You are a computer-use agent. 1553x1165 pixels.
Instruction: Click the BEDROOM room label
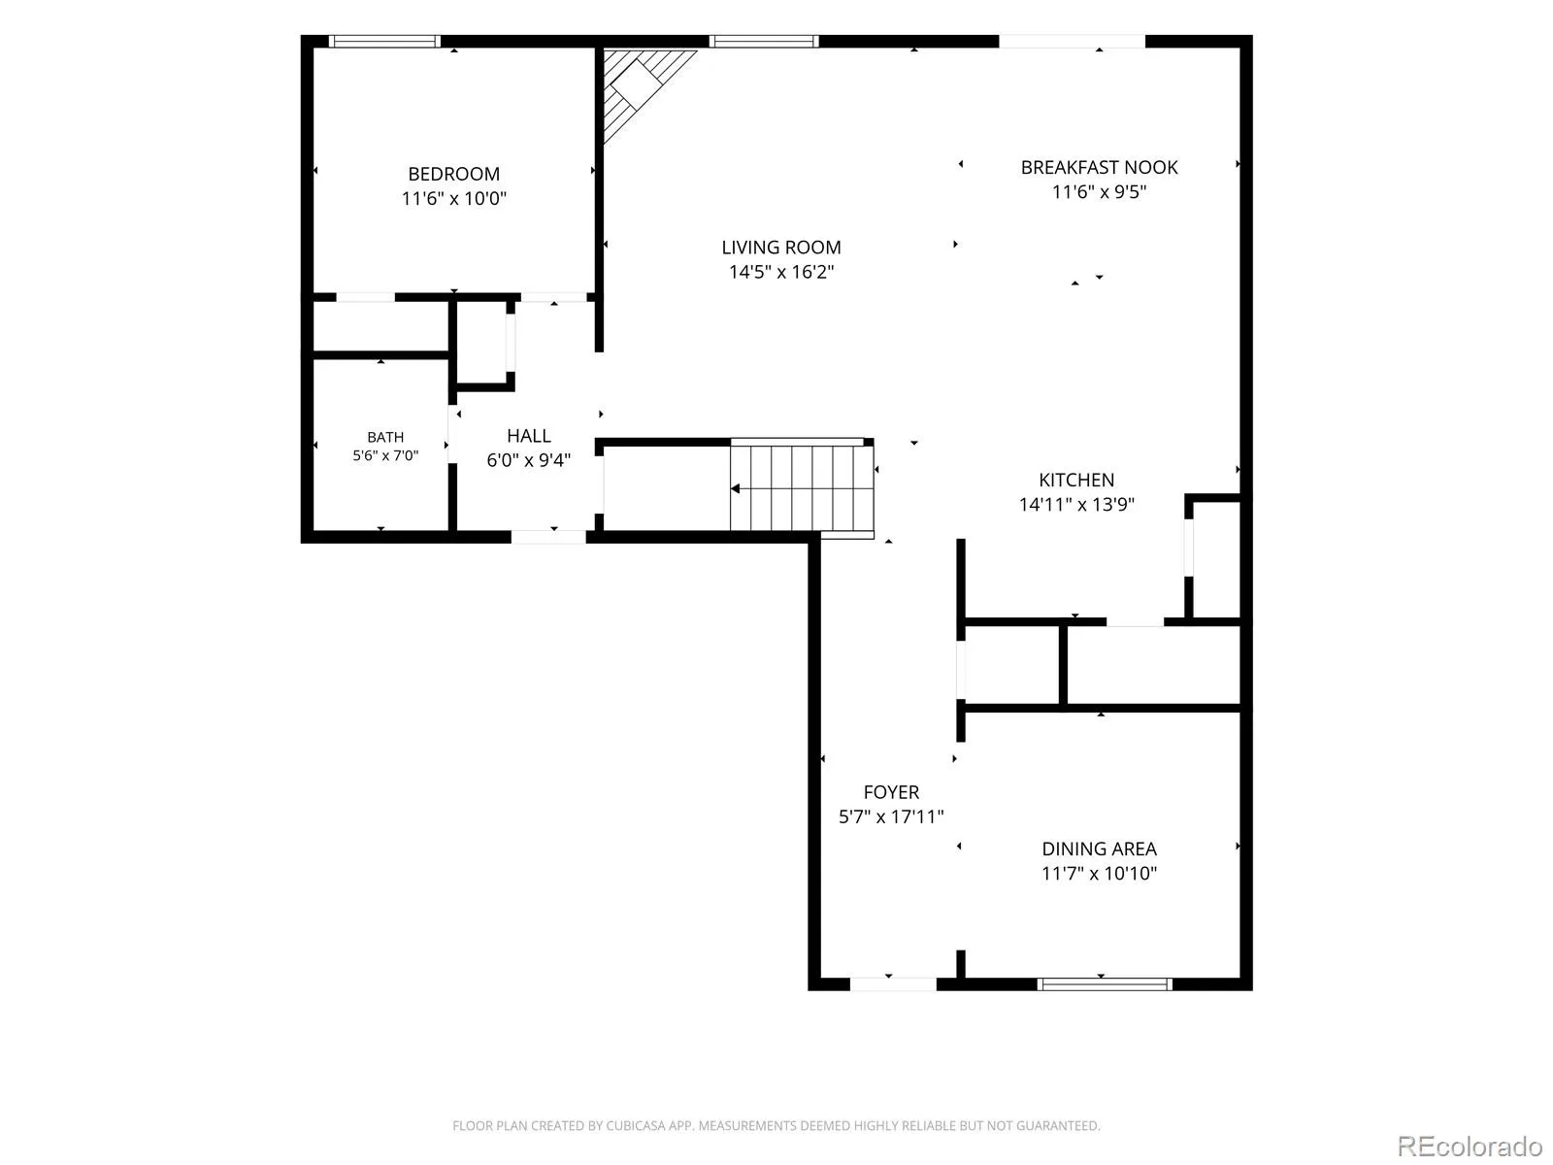coord(453,174)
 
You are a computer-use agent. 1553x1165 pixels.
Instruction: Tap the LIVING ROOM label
coord(781,248)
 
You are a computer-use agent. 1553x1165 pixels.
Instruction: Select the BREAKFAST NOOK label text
coord(1099,168)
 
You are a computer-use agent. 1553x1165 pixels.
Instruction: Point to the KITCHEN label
coord(1076,481)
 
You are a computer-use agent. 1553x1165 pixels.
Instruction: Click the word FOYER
coord(891,792)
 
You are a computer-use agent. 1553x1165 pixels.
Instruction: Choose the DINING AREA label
coord(1099,849)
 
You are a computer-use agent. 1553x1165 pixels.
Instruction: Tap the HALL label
coord(529,436)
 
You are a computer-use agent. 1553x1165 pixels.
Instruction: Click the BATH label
coord(385,437)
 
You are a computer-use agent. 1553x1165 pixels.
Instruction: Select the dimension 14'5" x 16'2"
coord(781,272)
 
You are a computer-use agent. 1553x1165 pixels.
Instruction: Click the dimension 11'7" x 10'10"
coord(1099,873)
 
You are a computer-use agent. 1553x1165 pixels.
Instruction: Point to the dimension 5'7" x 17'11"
coord(891,816)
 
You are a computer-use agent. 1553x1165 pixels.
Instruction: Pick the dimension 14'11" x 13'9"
coord(1076,504)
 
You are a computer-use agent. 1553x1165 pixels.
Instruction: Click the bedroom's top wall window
coord(384,42)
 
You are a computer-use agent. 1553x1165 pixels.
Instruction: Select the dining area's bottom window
coord(1105,983)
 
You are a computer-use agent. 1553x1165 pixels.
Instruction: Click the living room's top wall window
coord(764,42)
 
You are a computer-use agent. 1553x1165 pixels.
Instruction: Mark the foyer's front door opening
coord(893,983)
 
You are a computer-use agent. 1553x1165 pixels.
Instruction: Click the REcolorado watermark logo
coord(1470,1146)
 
